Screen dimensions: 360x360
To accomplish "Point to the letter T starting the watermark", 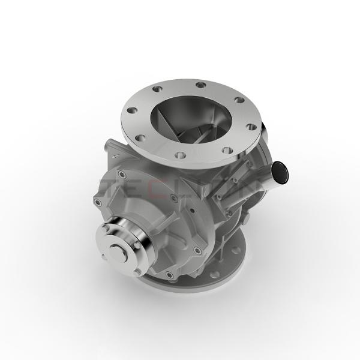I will (111, 188).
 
